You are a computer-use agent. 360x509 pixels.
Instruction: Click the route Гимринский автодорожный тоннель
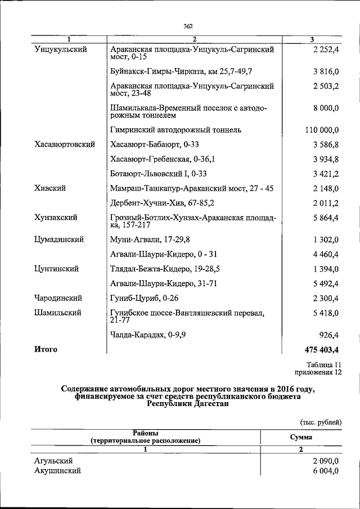(176, 130)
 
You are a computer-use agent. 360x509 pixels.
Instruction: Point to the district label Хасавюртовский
(64, 145)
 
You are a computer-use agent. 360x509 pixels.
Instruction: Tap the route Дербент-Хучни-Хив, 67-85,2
(164, 203)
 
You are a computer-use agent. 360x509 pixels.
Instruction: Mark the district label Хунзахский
(56, 217)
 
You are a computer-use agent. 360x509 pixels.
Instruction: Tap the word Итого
(46, 349)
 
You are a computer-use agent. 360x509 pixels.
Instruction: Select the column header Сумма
(301, 437)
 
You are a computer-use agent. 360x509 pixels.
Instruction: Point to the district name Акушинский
(57, 471)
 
